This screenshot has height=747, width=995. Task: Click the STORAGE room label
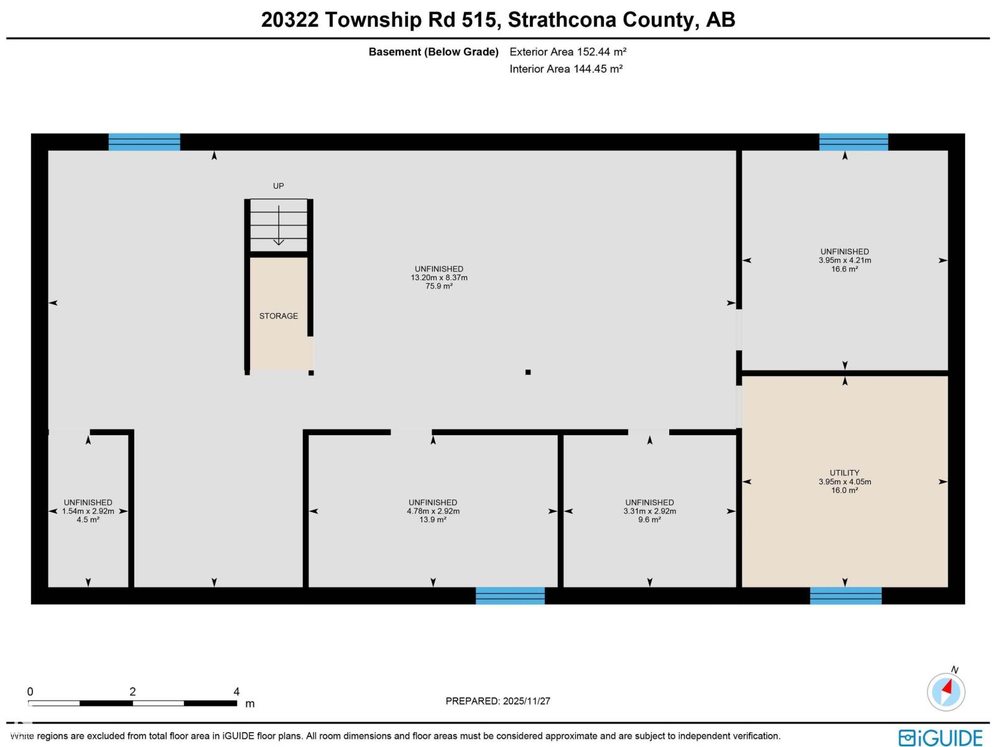(279, 316)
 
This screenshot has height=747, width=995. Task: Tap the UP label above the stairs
(279, 186)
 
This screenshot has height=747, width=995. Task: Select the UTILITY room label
(845, 473)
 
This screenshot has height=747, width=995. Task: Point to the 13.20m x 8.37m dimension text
(439, 278)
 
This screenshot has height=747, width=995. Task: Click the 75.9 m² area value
(439, 286)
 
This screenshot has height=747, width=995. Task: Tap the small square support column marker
(528, 372)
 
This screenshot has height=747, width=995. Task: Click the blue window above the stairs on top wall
(144, 142)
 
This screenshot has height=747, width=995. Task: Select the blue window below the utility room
(846, 596)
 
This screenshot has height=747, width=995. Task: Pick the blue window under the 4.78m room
(510, 596)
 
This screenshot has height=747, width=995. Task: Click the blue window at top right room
(853, 142)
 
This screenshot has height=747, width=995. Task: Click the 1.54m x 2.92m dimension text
(88, 511)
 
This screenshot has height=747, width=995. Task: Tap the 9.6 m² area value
(649, 520)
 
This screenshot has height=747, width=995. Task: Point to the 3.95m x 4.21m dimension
(845, 260)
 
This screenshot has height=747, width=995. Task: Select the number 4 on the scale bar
(236, 692)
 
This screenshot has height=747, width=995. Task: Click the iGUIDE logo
(940, 738)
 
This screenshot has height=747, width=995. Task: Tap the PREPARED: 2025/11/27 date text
(497, 701)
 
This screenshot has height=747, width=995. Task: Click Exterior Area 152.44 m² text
(568, 52)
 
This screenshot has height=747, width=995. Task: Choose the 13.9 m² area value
(433, 520)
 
